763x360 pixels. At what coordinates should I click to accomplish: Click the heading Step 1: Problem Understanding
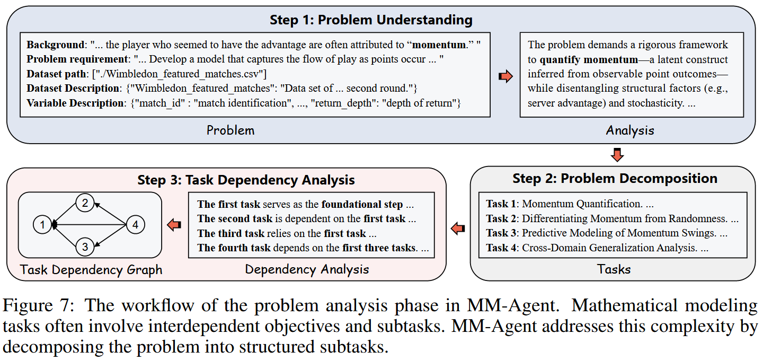[x=371, y=20]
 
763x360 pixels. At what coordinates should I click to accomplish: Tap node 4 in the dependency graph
[x=135, y=225]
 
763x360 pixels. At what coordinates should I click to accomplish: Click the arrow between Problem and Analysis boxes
[x=506, y=77]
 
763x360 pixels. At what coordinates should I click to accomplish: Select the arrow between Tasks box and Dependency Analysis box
[x=457, y=229]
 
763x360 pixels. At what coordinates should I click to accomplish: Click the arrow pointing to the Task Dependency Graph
[x=174, y=225]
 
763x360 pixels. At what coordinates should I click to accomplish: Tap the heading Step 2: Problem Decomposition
[x=615, y=178]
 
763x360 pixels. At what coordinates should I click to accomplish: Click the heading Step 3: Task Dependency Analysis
[x=246, y=180]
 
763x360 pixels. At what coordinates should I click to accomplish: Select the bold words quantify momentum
[x=589, y=59]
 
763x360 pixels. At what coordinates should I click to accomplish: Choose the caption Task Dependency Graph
[x=91, y=270]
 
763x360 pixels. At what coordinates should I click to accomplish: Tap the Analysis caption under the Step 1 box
[x=630, y=130]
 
